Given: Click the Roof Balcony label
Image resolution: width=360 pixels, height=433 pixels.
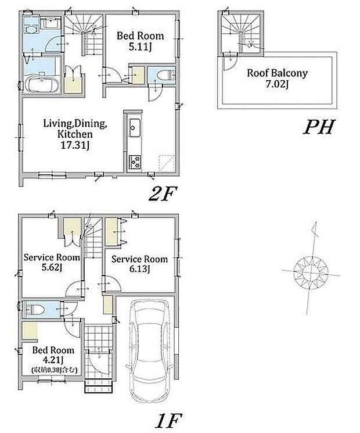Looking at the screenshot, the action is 277,73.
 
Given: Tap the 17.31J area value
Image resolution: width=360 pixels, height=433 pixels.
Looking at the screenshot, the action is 75,145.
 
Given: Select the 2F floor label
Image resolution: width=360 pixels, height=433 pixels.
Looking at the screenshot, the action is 163,194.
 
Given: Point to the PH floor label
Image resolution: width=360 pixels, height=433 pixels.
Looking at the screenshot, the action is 319,127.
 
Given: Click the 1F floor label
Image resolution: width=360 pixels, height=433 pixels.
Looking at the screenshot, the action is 168,420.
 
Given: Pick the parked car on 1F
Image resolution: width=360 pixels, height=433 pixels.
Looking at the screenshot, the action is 150,350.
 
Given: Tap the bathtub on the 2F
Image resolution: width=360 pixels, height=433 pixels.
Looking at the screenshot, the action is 42,84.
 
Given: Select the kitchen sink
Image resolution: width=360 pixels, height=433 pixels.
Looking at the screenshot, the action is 135,128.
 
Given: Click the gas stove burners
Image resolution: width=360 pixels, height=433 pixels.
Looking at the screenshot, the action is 135,162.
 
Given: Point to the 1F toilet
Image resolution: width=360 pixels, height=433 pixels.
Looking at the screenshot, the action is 34,310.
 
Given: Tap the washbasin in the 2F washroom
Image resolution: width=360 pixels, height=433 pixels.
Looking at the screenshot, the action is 51,23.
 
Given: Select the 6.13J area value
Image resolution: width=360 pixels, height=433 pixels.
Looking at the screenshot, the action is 140,269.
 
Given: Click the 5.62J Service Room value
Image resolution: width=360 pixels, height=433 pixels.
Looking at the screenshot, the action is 52,267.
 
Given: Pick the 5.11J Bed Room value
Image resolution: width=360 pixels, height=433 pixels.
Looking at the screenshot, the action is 141,46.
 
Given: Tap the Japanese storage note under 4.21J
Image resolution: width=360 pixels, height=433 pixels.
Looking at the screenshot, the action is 55,370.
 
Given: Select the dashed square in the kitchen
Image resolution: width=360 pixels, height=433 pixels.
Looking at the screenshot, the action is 167,163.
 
